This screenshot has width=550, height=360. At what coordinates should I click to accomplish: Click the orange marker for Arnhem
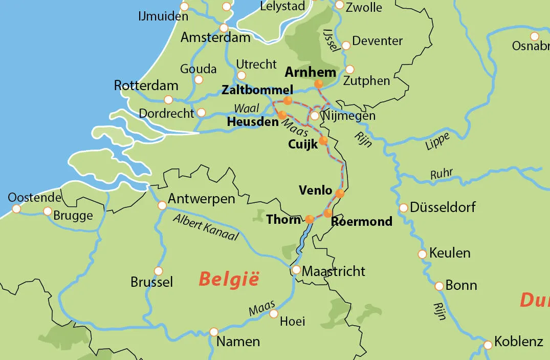(319, 83)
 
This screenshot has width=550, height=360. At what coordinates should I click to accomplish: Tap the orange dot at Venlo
(340, 194)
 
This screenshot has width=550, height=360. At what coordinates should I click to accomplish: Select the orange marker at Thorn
(310, 220)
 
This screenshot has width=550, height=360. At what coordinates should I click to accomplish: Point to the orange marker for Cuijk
(323, 140)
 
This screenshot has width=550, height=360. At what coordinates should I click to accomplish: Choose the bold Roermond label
(362, 222)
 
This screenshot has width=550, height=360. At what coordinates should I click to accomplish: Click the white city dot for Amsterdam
(224, 28)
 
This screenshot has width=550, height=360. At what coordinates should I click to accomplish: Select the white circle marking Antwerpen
(162, 205)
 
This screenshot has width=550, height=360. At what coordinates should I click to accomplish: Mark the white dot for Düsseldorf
(403, 208)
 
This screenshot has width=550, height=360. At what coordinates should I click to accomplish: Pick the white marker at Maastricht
(296, 270)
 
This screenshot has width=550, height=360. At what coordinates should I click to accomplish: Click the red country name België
(229, 280)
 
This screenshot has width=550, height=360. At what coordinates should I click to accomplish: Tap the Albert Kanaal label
(206, 227)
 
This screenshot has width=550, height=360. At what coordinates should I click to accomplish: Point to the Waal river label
(247, 108)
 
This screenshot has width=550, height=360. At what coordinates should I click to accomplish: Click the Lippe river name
(437, 141)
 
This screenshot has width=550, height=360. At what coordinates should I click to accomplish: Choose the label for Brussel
(152, 282)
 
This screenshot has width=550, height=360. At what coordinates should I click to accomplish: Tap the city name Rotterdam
(146, 85)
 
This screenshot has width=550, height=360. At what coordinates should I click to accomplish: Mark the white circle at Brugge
(48, 211)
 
